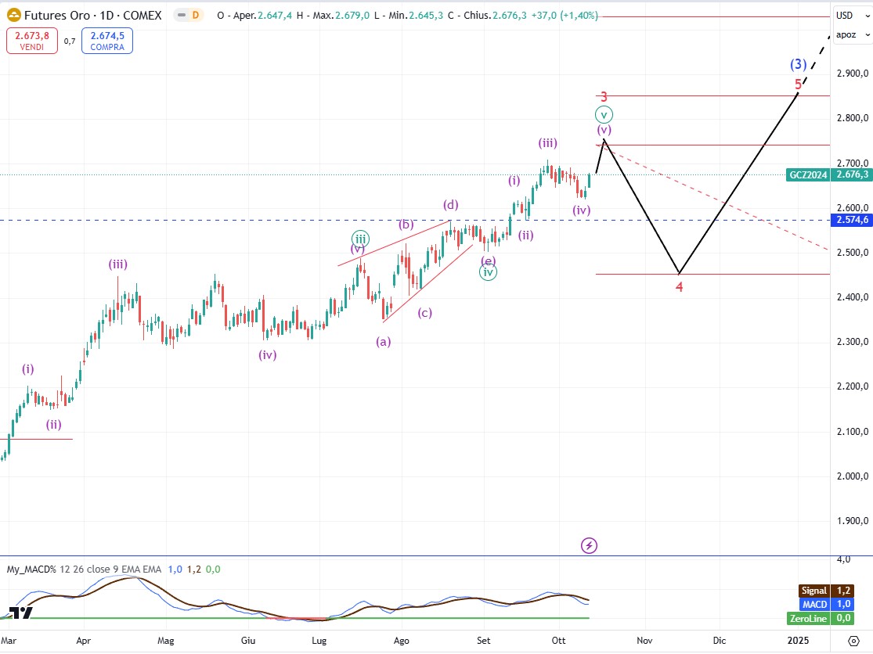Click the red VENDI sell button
pos(31,41)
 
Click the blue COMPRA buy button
pos(110,41)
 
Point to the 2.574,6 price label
pos(852,220)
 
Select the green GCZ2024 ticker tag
pos(808,175)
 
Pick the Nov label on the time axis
pos(644,640)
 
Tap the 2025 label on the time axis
pos(798,640)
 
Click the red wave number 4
pos(680,286)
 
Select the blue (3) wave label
pos(798,65)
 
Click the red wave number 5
pos(798,84)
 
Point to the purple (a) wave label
pos(384,341)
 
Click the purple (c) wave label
pos(424,313)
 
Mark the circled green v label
pos(604,114)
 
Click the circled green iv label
pos(488,273)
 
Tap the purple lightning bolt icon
pos(590,545)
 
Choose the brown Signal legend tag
pos(813,591)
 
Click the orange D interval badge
pos(194,15)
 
